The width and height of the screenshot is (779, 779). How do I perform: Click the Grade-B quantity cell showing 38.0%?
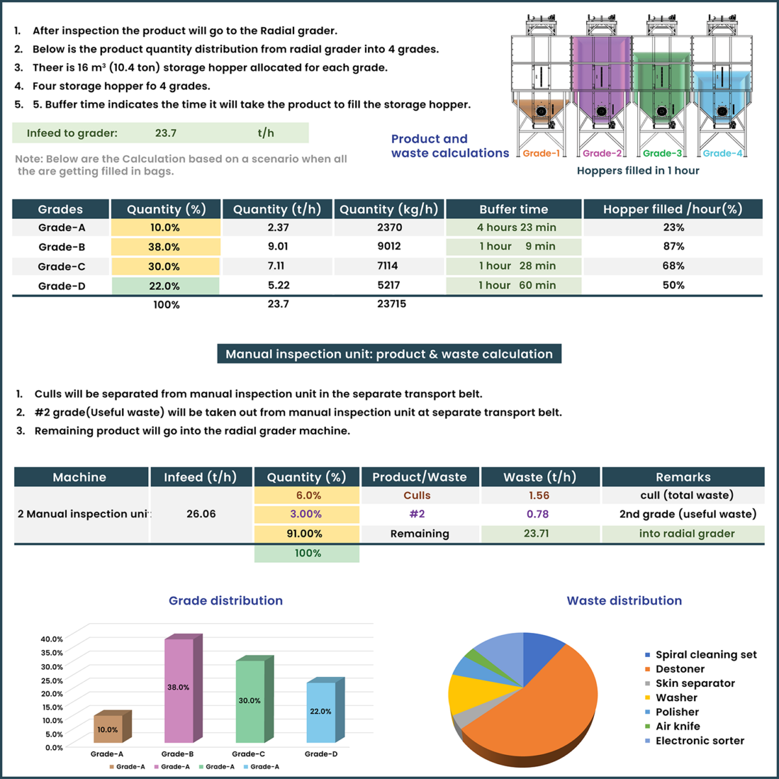165,247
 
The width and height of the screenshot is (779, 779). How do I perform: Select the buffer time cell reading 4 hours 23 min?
516,227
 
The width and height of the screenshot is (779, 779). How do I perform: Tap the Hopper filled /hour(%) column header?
672,209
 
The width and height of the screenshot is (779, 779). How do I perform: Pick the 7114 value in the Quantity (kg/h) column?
389,266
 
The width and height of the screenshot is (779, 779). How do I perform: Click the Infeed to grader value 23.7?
166,133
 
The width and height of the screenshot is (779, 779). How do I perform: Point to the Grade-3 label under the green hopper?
662,153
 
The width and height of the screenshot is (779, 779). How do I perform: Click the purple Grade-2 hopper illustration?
601,78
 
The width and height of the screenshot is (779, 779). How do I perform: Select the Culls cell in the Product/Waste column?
417,495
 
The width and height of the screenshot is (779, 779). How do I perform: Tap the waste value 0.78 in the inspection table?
538,514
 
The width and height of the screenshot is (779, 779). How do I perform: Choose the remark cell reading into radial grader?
686,534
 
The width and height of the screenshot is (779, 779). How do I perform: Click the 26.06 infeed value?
201,513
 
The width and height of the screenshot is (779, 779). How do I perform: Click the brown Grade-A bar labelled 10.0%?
108,729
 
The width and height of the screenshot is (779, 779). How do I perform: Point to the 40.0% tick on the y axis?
52,639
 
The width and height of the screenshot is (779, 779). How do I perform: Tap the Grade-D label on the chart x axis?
321,754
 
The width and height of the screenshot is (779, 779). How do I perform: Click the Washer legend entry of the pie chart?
676,698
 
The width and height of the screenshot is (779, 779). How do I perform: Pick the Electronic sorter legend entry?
699,741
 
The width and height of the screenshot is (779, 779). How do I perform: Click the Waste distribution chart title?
624,600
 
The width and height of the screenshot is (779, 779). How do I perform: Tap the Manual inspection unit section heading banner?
389,354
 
